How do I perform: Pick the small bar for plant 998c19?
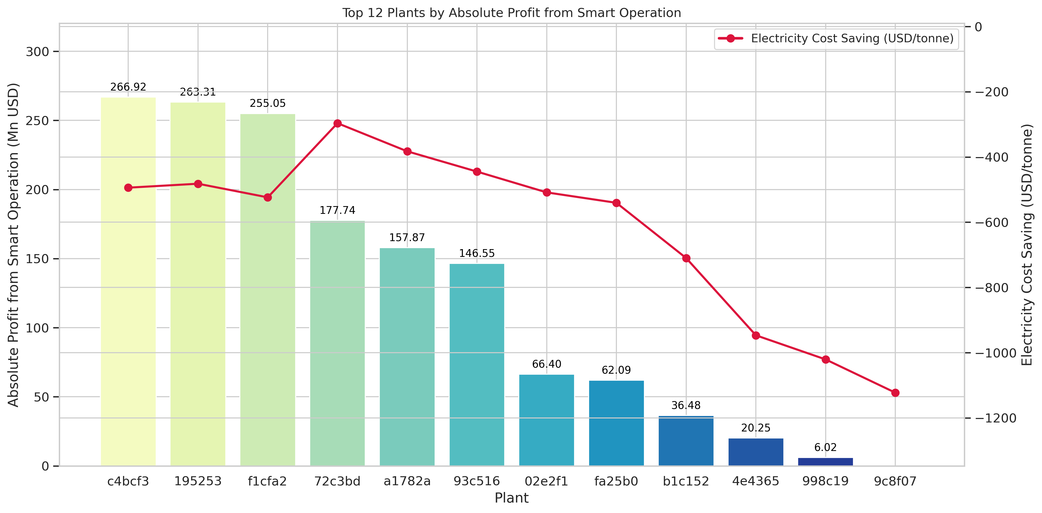click(825, 462)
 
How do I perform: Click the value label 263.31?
click(198, 92)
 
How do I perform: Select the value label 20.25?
click(756, 428)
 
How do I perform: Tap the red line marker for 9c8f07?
click(895, 392)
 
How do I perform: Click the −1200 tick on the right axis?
click(995, 418)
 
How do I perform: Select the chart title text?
click(512, 13)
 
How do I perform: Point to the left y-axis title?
click(13, 245)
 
